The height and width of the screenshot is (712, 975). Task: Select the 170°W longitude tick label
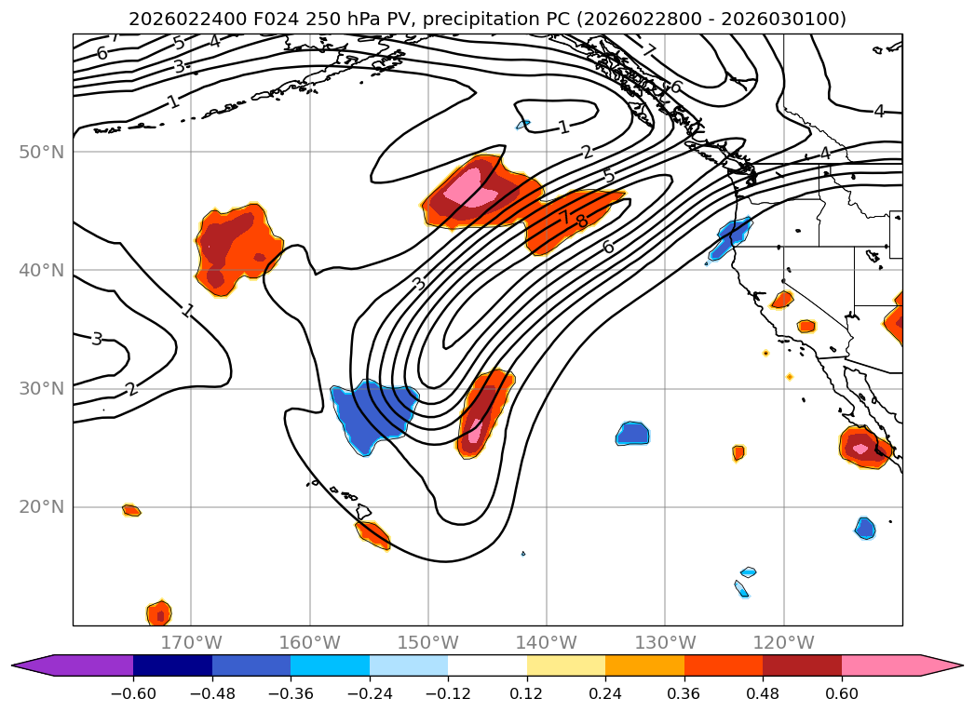coord(191,642)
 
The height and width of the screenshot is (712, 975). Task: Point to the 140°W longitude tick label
coord(547,642)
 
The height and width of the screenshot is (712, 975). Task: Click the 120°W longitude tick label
coord(783,642)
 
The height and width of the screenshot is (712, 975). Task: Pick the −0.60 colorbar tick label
coord(133,692)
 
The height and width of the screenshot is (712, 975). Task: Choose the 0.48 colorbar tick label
coord(763,692)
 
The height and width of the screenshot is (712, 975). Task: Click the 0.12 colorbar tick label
coord(527,692)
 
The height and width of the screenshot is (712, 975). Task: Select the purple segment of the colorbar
coord(84,665)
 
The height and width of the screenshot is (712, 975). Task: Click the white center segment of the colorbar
coord(487,665)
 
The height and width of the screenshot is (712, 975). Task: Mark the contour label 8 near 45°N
coord(582,222)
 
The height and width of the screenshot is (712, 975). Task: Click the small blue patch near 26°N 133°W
coord(633,433)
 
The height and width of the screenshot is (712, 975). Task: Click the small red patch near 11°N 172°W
coord(159,613)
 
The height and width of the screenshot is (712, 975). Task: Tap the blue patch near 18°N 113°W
coord(865,528)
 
